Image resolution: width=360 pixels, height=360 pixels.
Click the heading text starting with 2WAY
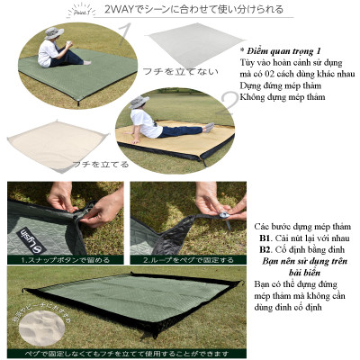point(193,11)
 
